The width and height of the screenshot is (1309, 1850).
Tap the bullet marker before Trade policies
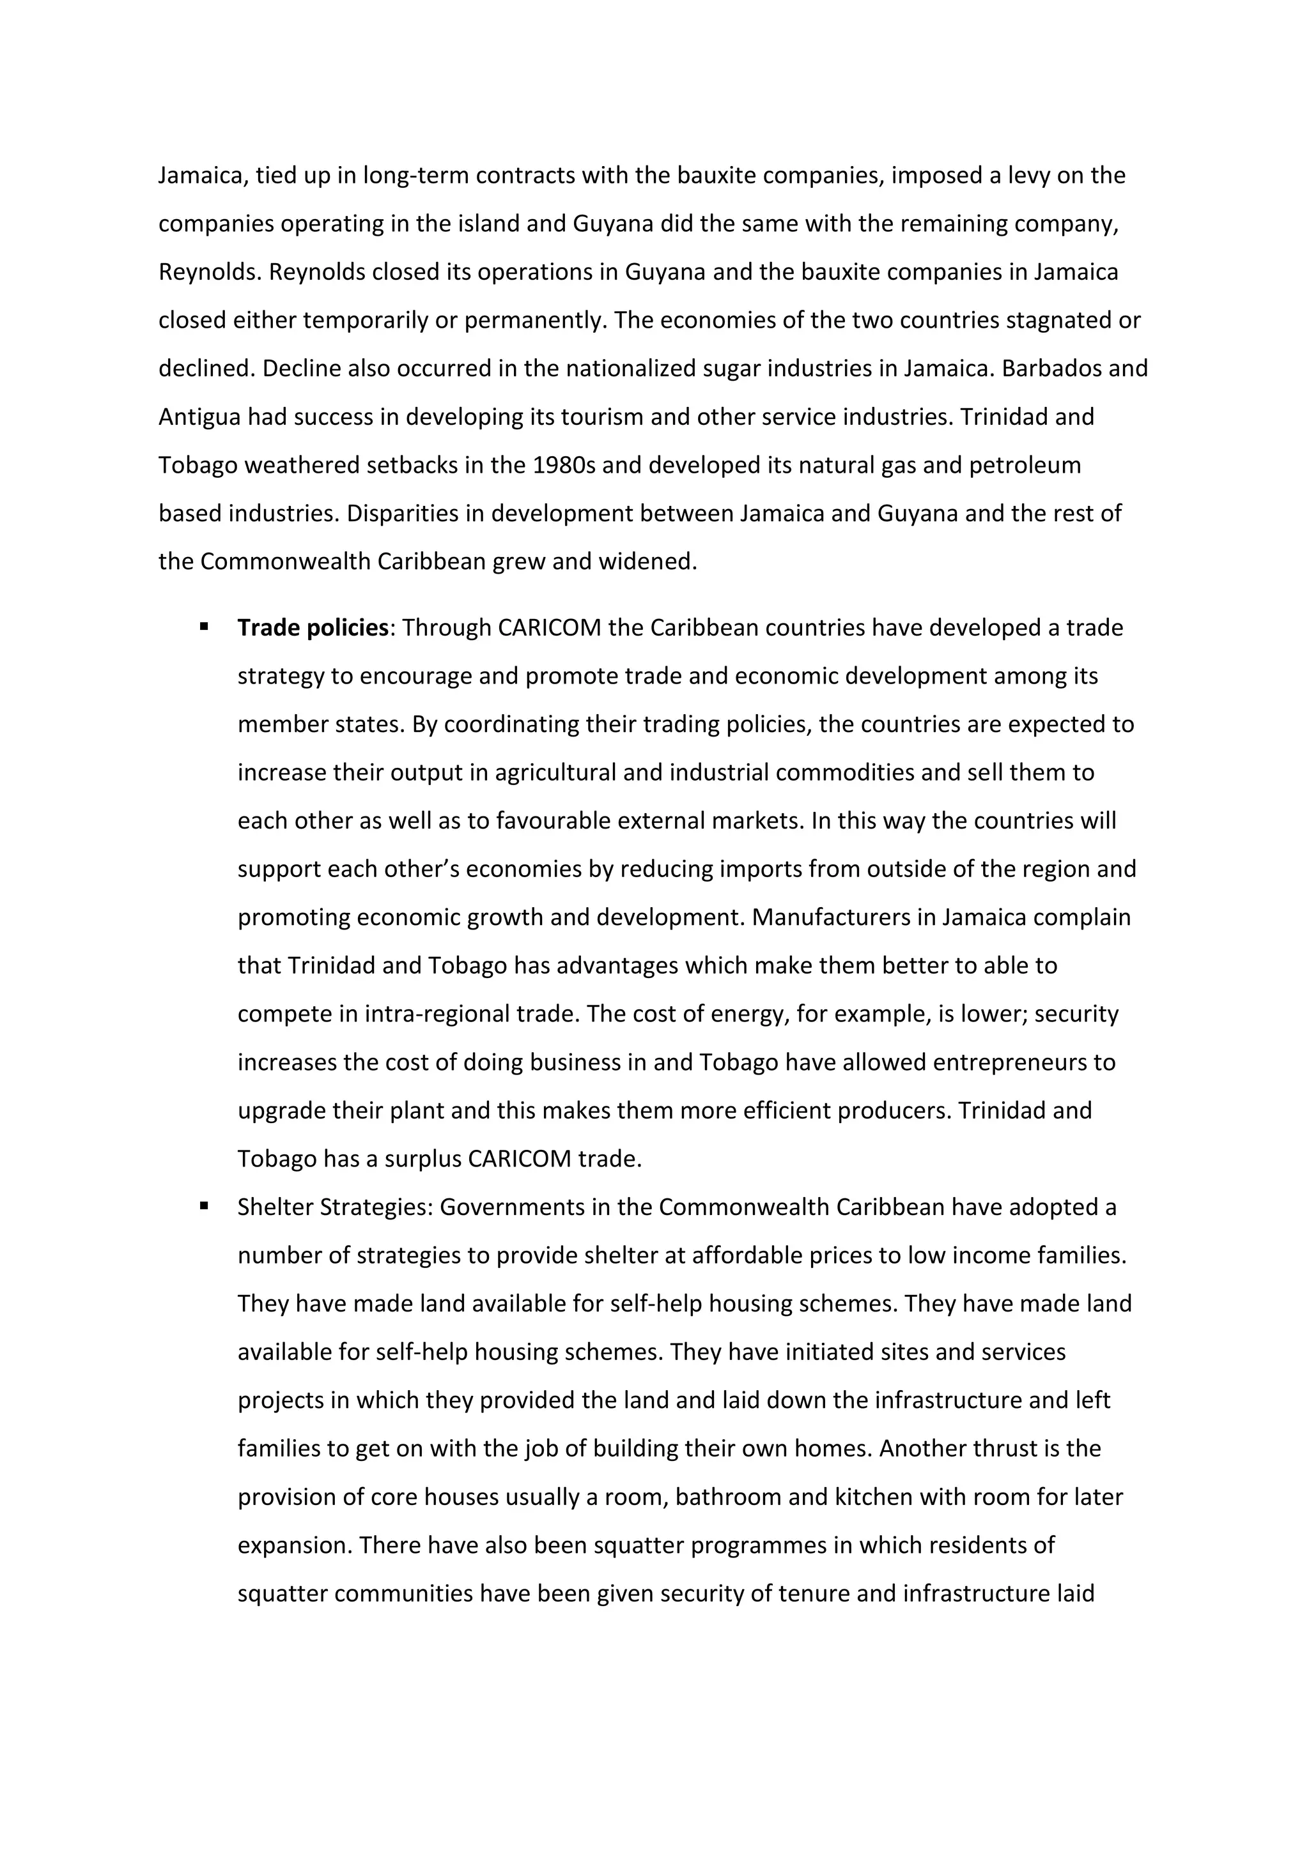pyautogui.click(x=204, y=626)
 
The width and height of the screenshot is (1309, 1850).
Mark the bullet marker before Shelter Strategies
pyautogui.click(x=204, y=1206)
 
